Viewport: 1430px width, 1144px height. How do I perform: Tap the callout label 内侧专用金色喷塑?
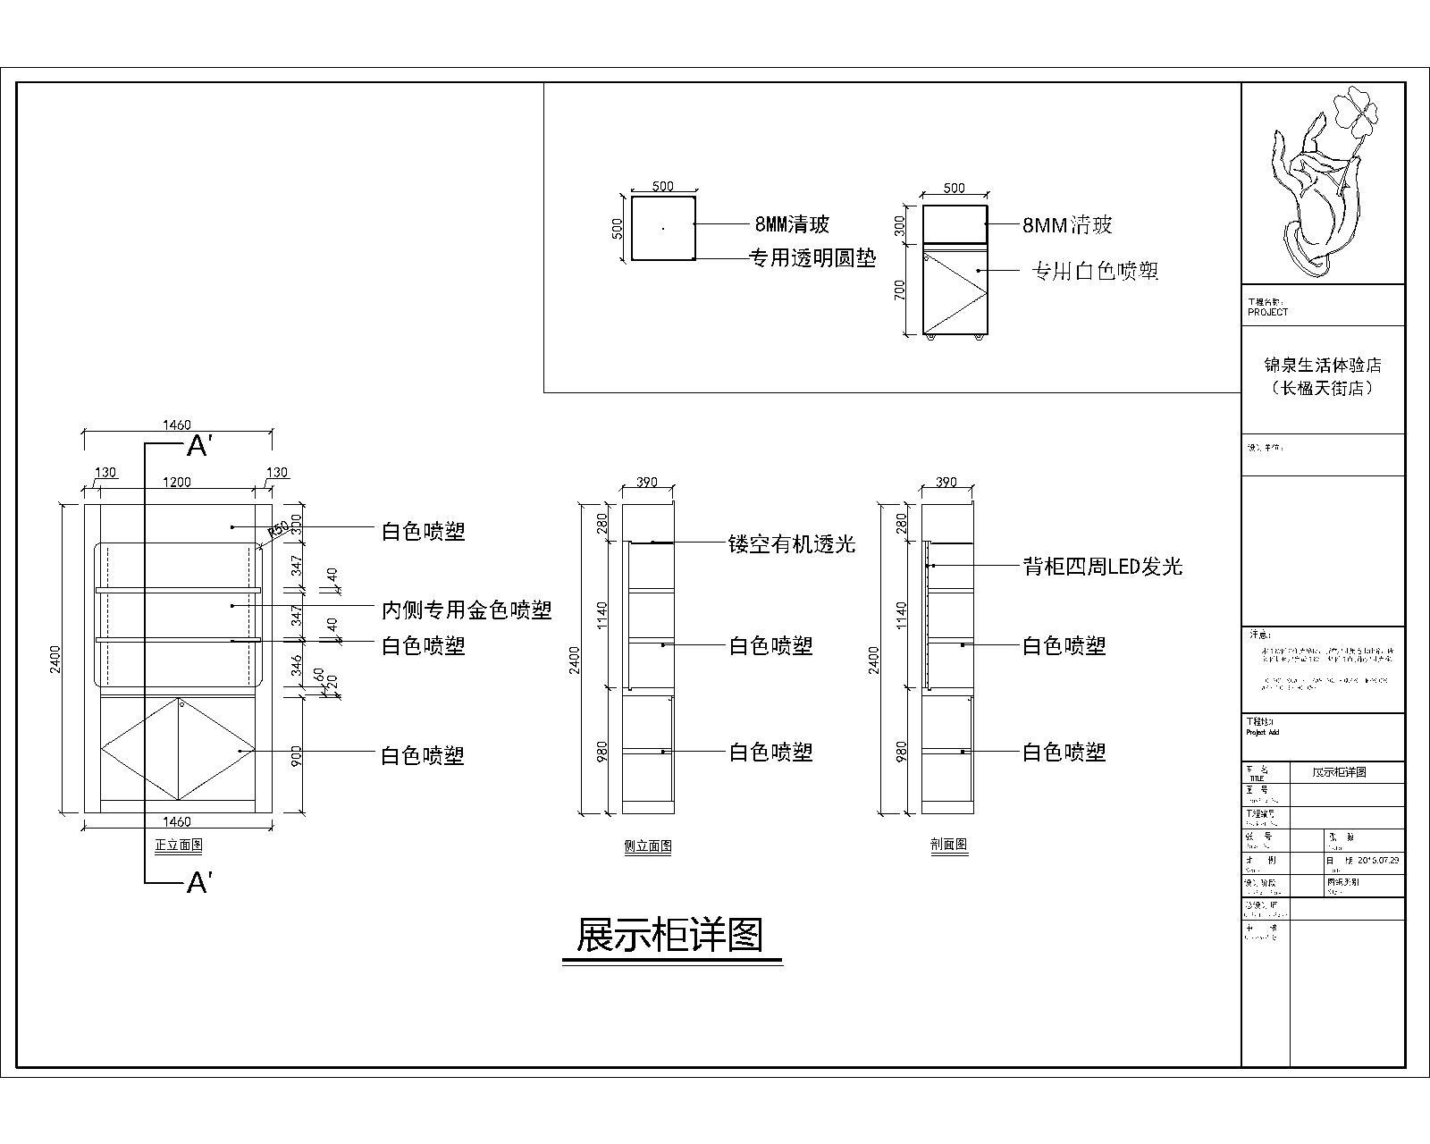[467, 610]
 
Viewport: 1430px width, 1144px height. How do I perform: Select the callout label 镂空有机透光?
[792, 543]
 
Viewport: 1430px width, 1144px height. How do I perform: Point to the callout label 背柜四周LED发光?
[1102, 566]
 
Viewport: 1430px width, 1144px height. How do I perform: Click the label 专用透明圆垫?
[812, 259]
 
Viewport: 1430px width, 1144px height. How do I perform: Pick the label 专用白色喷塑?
[1095, 271]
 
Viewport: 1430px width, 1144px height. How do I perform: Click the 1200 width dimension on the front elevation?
[176, 483]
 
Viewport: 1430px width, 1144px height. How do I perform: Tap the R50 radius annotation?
[279, 527]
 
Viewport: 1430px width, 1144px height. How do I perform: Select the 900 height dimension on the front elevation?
[297, 755]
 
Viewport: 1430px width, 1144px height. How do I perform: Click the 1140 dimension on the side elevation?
[602, 614]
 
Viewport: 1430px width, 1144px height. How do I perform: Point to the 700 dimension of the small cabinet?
[900, 290]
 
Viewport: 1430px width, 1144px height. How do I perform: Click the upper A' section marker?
[198, 445]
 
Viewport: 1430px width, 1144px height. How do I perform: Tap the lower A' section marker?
[198, 883]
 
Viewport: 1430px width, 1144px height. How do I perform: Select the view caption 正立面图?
[179, 845]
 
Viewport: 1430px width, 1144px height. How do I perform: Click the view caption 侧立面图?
[648, 846]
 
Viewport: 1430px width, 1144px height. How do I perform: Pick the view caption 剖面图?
[948, 844]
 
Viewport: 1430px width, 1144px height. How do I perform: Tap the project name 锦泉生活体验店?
[1322, 366]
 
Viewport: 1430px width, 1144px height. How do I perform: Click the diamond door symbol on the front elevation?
[179, 749]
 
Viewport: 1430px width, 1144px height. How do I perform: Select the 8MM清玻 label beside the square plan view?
[792, 223]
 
